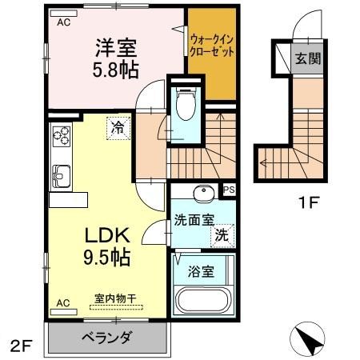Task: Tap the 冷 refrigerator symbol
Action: (x=118, y=126)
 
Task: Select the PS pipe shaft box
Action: (x=229, y=190)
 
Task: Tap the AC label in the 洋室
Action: (x=64, y=22)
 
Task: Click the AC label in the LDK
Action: (x=62, y=303)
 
